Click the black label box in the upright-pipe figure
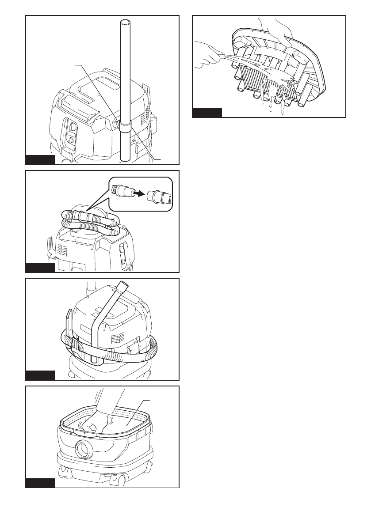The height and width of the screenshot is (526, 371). tap(40, 160)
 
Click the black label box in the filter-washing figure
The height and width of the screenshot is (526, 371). tap(207, 112)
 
